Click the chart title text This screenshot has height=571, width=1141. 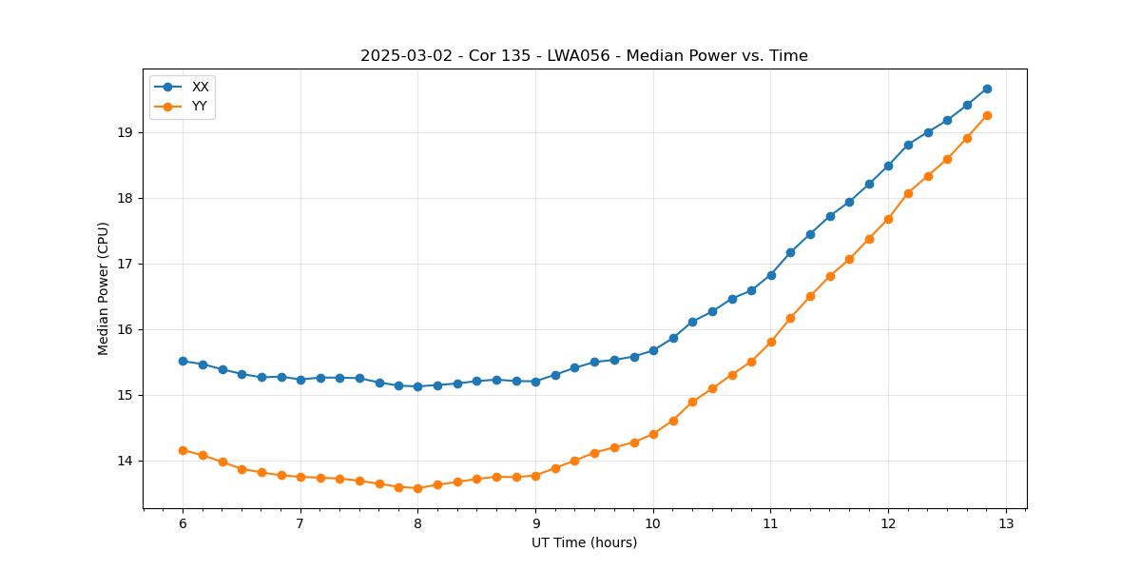pos(584,56)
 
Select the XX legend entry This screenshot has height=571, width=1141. pos(200,87)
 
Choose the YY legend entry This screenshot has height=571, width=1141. pos(200,106)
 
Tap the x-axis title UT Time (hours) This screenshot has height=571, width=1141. pos(584,542)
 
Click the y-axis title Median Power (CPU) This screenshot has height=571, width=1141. pos(104,288)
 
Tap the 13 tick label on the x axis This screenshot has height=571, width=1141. pos(1006,523)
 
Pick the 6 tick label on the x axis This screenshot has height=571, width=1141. pos(183,523)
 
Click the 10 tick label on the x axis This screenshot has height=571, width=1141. pos(653,523)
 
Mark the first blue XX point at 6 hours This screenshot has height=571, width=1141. pos(183,362)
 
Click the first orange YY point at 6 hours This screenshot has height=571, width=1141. pos(183,450)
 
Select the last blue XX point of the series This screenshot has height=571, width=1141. pos(987,89)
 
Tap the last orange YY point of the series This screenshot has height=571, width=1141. pos(987,115)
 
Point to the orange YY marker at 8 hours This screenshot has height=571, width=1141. pos(417,488)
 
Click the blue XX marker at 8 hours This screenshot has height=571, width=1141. pos(417,386)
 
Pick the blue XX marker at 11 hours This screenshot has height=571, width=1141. pos(771,275)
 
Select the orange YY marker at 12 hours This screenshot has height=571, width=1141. pos(888,219)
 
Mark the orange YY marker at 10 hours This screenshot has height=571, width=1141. pos(653,434)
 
